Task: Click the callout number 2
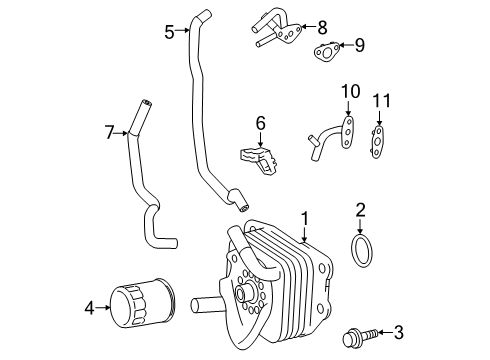tap(362, 209)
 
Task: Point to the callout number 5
tap(170, 30)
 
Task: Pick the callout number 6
tap(259, 122)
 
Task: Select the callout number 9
tap(359, 44)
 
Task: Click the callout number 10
tap(348, 92)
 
